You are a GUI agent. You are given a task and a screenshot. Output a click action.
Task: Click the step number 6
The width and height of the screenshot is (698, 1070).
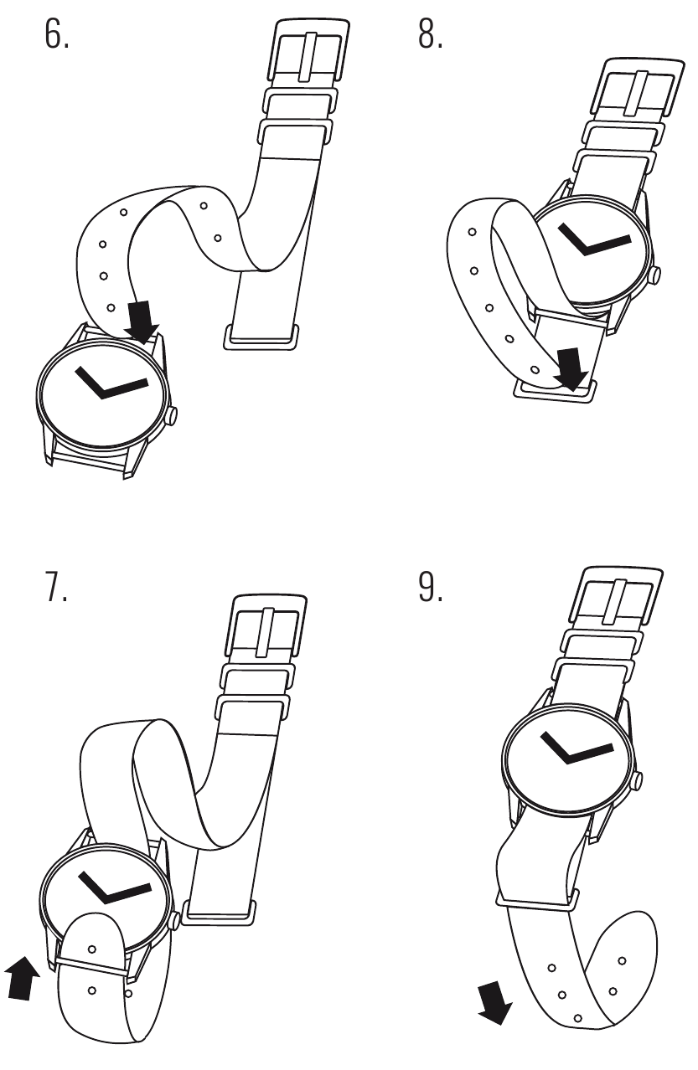click(x=56, y=34)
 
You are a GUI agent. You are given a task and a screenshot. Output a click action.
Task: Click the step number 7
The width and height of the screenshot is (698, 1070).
click(x=55, y=586)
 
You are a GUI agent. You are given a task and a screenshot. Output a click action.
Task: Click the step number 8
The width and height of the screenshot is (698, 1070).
click(x=430, y=34)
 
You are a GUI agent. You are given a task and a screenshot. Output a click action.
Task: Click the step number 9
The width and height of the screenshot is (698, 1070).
click(x=430, y=586)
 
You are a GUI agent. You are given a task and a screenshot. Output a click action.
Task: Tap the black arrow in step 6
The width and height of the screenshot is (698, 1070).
click(x=141, y=322)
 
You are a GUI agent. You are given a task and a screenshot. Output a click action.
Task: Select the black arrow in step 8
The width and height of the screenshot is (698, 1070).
click(x=571, y=369)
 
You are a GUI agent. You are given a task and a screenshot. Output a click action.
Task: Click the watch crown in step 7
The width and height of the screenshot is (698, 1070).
click(x=175, y=920)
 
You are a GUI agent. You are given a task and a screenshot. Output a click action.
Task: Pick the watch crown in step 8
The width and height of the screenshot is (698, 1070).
click(x=654, y=275)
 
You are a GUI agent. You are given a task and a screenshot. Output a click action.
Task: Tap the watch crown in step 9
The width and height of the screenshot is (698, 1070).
click(x=637, y=781)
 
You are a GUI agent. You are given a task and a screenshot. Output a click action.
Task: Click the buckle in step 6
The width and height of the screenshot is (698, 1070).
click(x=309, y=50)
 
